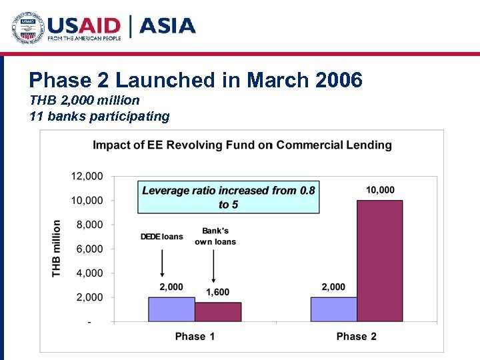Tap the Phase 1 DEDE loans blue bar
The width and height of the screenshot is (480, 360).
tap(171, 309)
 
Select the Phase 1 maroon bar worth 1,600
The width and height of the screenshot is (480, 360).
tap(218, 312)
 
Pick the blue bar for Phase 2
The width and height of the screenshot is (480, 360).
tap(333, 309)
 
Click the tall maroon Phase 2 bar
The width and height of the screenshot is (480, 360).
tap(380, 261)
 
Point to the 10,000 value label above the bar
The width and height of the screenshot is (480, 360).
tap(380, 190)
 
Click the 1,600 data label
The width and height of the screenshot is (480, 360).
tap(218, 293)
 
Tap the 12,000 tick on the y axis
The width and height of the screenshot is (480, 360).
tap(87, 176)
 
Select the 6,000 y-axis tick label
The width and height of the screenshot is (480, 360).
tap(89, 249)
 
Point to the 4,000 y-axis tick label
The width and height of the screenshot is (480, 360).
tap(89, 273)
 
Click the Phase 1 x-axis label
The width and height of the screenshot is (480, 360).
tap(195, 336)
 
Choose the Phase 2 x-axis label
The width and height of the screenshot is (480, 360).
tap(357, 336)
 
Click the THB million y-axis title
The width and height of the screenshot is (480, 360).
tap(58, 249)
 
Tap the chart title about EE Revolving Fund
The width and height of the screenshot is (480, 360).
tap(242, 145)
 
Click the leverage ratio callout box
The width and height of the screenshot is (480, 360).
tap(227, 197)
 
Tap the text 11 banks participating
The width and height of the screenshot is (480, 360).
tap(99, 116)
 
